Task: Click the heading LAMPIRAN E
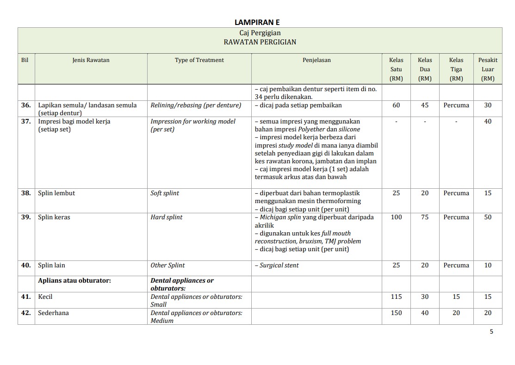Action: pyautogui.click(x=257, y=22)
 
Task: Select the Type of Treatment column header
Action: pyautogui.click(x=199, y=60)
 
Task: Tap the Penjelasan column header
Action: pyautogui.click(x=316, y=60)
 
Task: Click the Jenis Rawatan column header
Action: pyautogui.click(x=91, y=60)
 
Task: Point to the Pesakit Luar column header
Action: pyautogui.click(x=488, y=69)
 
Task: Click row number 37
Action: pyautogui.click(x=26, y=121)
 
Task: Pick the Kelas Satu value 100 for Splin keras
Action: pyautogui.click(x=396, y=217)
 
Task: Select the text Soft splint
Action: pyautogui.click(x=165, y=193)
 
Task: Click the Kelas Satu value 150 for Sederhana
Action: pyautogui.click(x=396, y=313)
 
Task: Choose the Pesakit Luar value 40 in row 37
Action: pyautogui.click(x=488, y=121)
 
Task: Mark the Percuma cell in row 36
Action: pyautogui.click(x=456, y=105)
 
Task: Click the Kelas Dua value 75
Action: pyautogui.click(x=425, y=217)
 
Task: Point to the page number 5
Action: pyautogui.click(x=491, y=331)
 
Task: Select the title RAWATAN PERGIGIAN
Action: pyautogui.click(x=260, y=42)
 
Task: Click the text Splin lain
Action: pyautogui.click(x=51, y=265)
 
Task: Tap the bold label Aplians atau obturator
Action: pyautogui.click(x=74, y=280)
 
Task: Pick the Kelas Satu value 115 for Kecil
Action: pyautogui.click(x=396, y=297)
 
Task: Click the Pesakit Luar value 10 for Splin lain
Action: pyautogui.click(x=488, y=265)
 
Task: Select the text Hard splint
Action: pyautogui.click(x=166, y=217)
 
